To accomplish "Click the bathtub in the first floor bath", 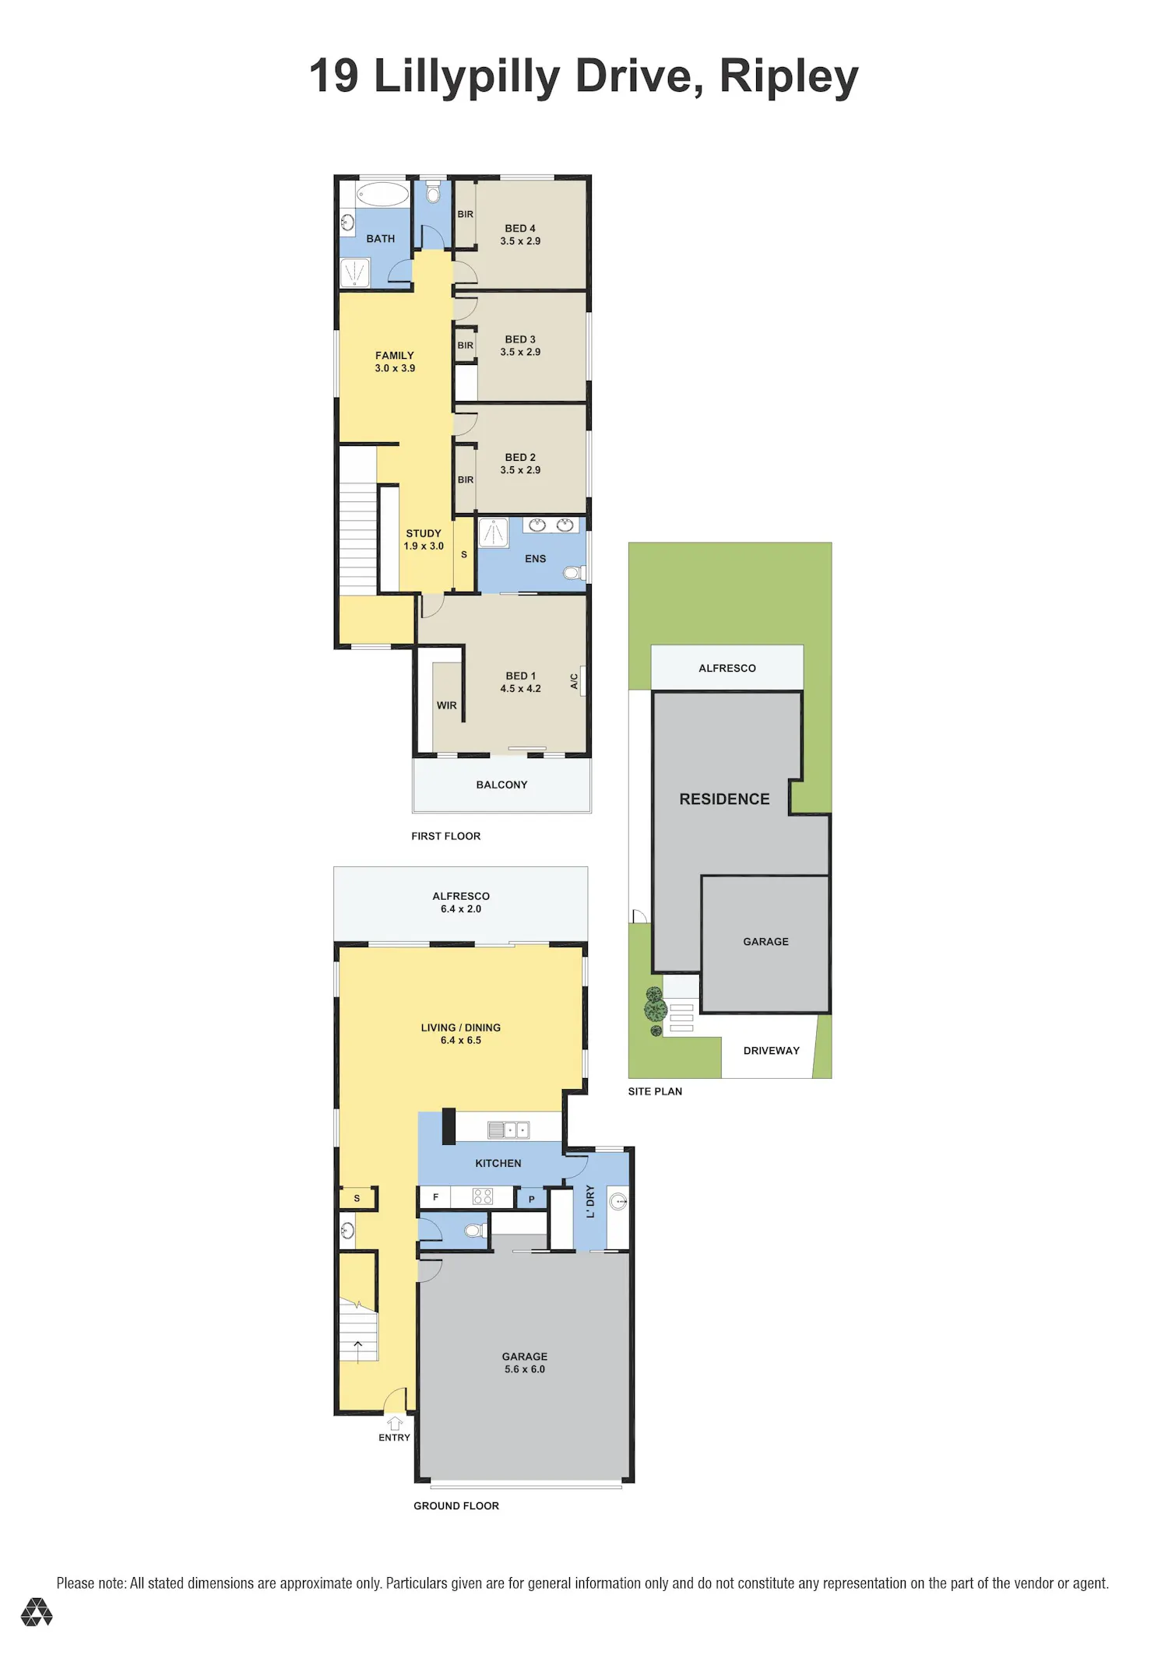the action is (x=382, y=194).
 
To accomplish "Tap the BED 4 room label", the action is (x=520, y=228).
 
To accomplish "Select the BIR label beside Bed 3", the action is (x=466, y=346).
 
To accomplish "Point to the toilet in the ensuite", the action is (x=574, y=574).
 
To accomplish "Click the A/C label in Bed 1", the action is (x=574, y=681).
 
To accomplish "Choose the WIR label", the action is (x=447, y=705).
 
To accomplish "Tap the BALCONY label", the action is (x=502, y=785).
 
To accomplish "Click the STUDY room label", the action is (x=424, y=533).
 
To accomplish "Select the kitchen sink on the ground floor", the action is (x=508, y=1129).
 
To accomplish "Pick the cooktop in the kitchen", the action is (x=483, y=1196).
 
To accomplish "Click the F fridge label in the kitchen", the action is (x=436, y=1197).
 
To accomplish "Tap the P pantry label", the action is (x=532, y=1200).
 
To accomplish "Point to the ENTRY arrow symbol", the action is (x=395, y=1423).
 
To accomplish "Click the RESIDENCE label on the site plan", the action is (x=724, y=799).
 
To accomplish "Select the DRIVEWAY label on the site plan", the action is (x=772, y=1051).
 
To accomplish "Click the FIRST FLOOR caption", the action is (x=446, y=836).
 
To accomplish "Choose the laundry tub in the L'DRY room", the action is (x=618, y=1201).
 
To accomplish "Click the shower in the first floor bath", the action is (x=355, y=273).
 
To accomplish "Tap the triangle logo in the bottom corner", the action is (x=37, y=1612).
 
